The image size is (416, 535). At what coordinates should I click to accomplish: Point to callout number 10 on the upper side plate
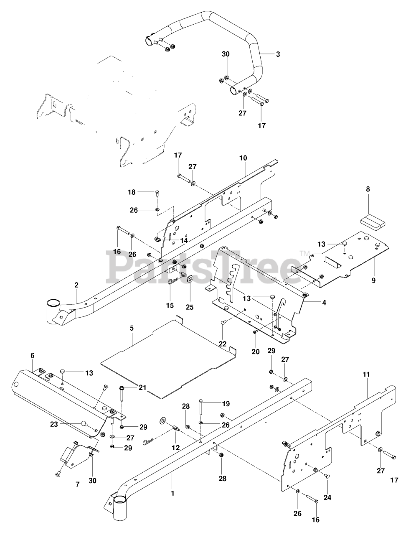tap(243, 158)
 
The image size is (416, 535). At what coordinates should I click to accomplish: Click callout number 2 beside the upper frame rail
tap(76, 285)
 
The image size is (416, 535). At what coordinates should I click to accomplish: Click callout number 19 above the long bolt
tap(226, 404)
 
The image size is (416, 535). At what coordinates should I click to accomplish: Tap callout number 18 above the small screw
tap(132, 192)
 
